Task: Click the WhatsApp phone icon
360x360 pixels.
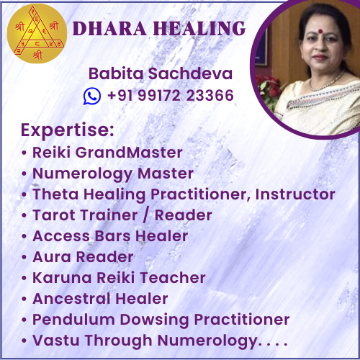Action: point(92,96)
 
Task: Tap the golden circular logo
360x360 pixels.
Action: point(37,34)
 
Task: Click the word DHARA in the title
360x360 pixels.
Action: point(109,29)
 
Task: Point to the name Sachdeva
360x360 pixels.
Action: point(191,73)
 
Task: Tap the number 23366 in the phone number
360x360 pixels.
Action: point(210,95)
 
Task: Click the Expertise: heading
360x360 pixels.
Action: point(68,130)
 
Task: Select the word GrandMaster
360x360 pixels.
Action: point(129,153)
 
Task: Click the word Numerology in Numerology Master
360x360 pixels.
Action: point(83,174)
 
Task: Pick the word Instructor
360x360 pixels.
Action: point(295,194)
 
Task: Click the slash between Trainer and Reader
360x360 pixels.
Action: point(145,215)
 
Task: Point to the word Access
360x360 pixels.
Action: point(61,236)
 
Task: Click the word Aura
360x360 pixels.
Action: point(52,257)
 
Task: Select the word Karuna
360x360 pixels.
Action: point(62,278)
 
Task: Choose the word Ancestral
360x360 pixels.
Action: point(71,299)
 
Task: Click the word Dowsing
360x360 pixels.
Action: point(154,320)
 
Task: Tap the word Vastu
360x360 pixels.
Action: point(56,341)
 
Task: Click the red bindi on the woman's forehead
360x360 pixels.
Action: point(320,31)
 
